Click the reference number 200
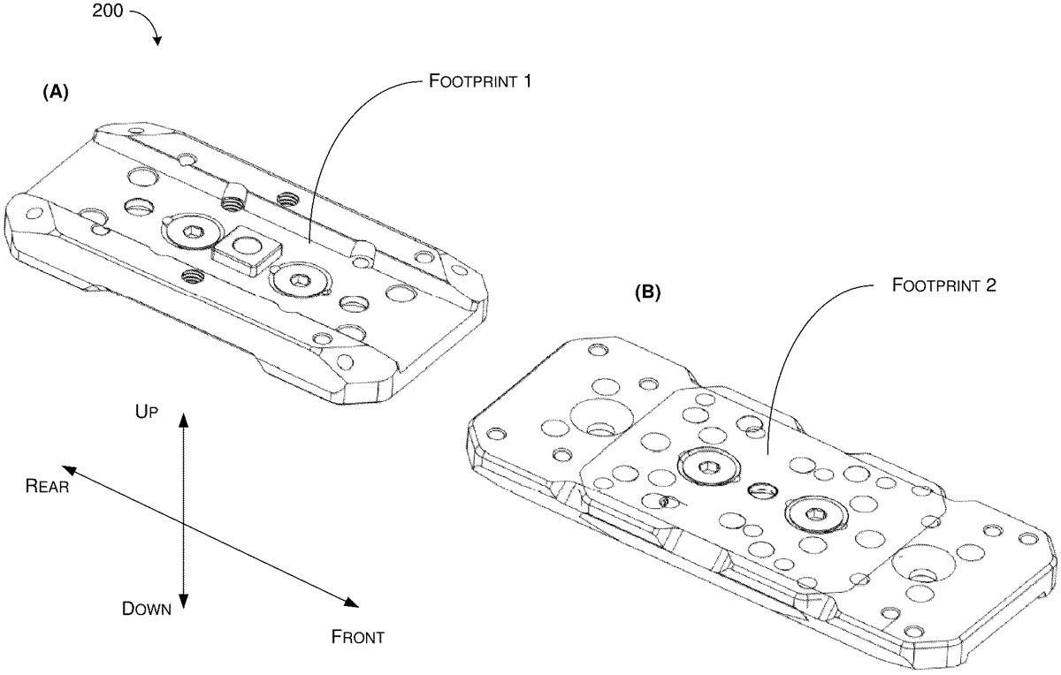pos(108,11)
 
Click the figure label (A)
pos(56,92)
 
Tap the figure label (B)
pos(647,293)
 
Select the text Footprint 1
pos(480,81)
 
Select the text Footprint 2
pos(944,285)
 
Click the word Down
pos(147,609)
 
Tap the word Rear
pos(48,486)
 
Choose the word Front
pos(357,637)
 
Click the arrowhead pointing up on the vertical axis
pos(184,419)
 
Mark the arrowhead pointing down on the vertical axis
pos(184,600)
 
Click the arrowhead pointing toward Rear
pos(70,470)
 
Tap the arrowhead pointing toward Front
pos(351,602)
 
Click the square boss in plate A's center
pos(247,250)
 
